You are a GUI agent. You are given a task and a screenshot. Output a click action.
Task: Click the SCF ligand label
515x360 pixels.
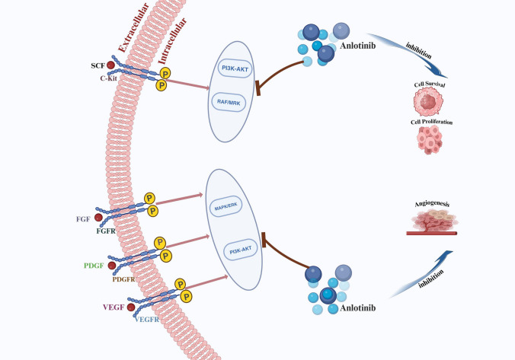98,65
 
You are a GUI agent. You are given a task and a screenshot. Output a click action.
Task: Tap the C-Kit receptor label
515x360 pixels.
108,78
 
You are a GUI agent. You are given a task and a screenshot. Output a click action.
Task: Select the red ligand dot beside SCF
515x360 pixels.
110,65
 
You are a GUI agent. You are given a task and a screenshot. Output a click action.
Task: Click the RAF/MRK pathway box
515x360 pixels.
229,103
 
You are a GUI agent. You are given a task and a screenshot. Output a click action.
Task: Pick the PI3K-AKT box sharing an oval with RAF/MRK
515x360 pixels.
235,68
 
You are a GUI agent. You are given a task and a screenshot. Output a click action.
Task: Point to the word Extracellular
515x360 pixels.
133,27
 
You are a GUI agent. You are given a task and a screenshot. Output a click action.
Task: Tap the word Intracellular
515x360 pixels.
172,40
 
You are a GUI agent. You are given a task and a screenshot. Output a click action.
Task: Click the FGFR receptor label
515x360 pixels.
106,231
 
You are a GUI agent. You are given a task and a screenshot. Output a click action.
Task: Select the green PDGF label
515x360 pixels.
94,266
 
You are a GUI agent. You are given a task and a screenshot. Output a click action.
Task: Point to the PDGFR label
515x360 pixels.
123,279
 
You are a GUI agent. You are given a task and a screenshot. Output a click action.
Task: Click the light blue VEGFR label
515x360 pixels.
147,320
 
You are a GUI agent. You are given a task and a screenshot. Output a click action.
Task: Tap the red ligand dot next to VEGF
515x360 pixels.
131,307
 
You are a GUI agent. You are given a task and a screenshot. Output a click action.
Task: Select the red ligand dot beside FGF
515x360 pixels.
98,217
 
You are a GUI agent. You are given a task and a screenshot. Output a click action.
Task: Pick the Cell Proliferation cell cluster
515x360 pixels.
430,140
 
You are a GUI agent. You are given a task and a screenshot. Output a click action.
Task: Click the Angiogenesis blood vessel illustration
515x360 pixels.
432,222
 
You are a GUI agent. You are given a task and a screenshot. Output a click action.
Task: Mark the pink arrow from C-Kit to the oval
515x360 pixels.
187,84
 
